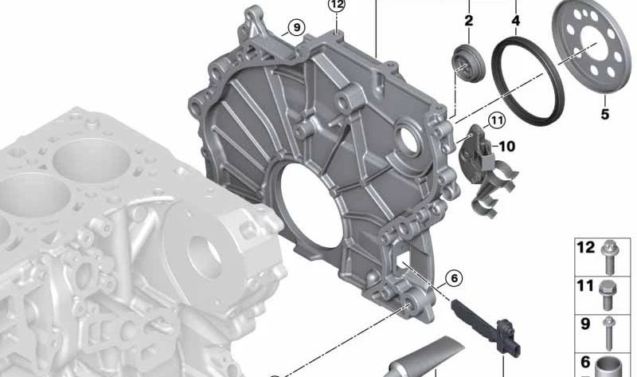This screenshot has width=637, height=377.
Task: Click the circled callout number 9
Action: coord(296,28)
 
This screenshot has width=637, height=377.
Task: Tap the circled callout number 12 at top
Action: coord(337,5)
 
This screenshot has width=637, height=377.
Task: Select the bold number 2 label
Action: coord(469,21)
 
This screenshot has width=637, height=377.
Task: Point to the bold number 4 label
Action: coord(516,21)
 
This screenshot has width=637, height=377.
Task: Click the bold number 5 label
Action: coord(605,114)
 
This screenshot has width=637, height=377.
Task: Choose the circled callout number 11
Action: coord(496,121)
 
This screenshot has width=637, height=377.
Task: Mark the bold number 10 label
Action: coord(506,146)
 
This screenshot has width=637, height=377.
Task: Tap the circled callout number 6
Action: coord(454,278)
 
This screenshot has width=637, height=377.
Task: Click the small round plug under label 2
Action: coord(467,64)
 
